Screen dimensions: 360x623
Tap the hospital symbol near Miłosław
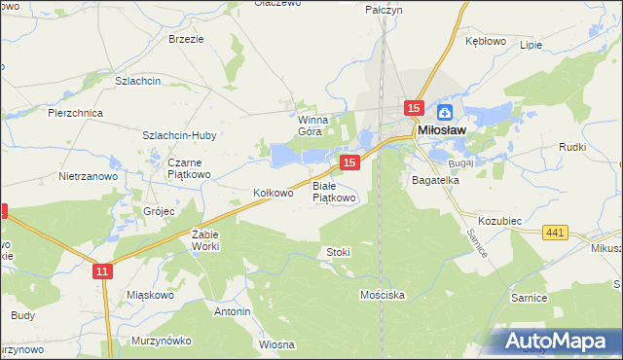point(445,112)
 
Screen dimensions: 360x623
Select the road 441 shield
point(556,232)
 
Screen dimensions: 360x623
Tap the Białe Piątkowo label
point(334,191)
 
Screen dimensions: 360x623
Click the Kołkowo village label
point(274,193)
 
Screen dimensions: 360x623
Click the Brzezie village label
point(186,39)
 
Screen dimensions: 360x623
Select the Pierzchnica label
point(76,113)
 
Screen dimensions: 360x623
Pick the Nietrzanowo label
point(88,177)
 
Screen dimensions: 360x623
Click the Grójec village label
point(159,210)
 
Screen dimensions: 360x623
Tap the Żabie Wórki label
point(206,240)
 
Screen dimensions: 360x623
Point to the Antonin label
point(233,311)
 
